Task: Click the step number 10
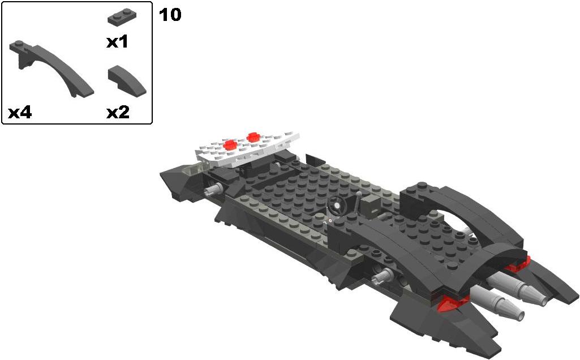click(170, 15)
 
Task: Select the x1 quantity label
click(117, 42)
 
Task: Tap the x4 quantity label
click(20, 112)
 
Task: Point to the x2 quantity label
click(118, 112)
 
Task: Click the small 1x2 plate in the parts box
click(122, 16)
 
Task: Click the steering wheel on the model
click(337, 204)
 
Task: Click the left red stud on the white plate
click(230, 145)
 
